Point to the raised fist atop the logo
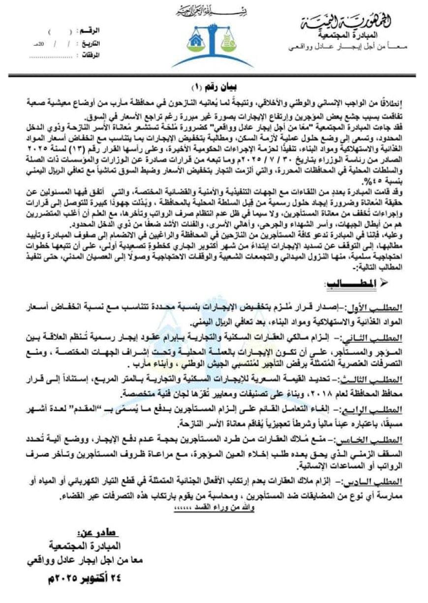tap(213, 25)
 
